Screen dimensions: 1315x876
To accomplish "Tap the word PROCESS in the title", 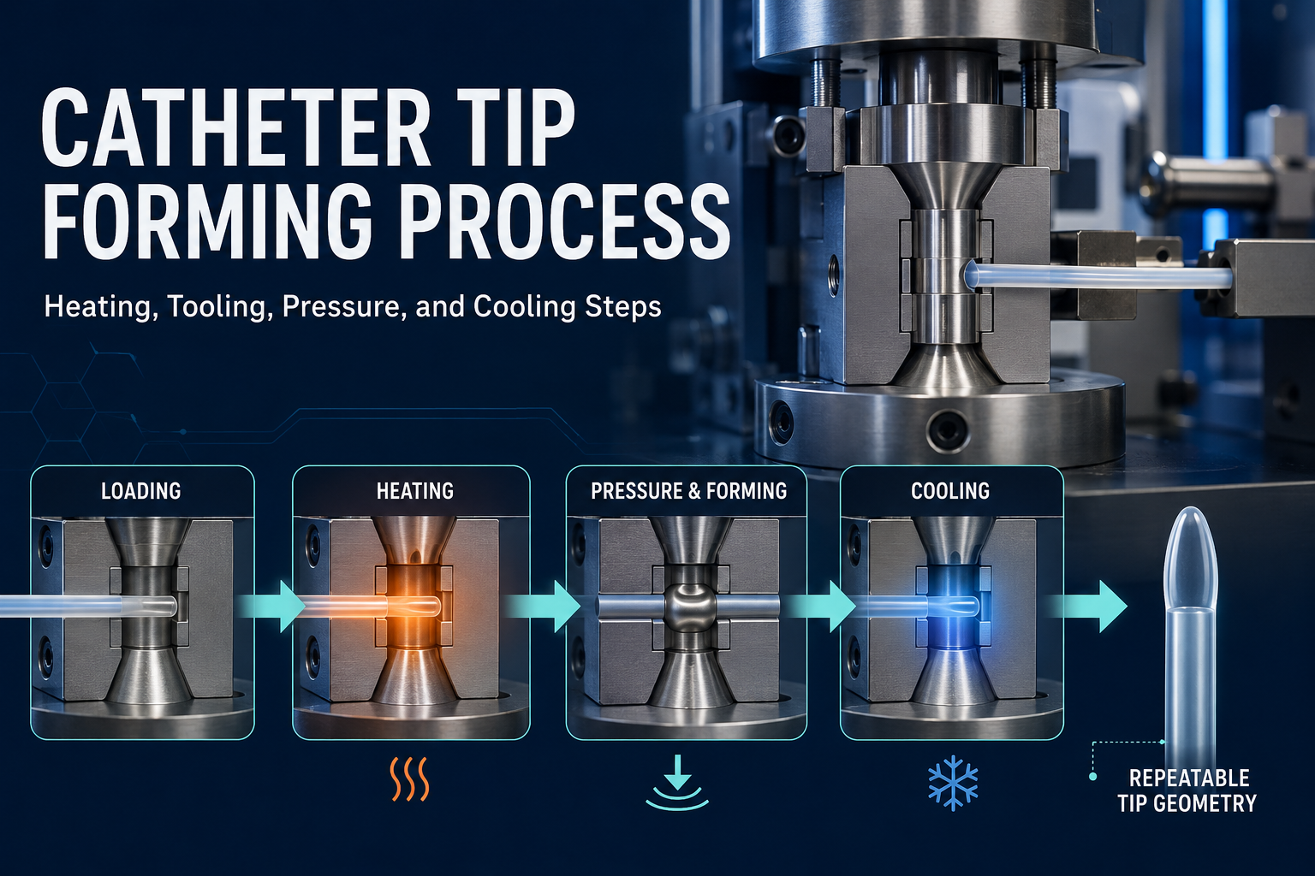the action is (x=568, y=221).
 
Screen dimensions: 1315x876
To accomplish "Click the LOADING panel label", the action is (x=141, y=491).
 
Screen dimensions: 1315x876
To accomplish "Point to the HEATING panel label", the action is (x=415, y=491).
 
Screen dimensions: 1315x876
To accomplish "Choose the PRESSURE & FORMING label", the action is (x=688, y=491).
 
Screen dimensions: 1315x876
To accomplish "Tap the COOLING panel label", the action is (x=950, y=491).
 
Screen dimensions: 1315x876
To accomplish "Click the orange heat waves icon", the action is (x=410, y=778).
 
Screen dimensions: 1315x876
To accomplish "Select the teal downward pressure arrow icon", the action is (x=677, y=784).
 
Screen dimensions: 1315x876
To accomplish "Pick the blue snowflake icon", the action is (x=954, y=783).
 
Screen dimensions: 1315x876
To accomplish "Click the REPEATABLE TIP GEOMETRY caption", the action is (x=1187, y=790).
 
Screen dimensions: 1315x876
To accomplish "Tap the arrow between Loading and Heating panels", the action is (x=272, y=607).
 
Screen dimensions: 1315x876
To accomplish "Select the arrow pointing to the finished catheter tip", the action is (x=1087, y=607).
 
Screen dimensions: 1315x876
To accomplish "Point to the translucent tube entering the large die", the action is (x=1097, y=275).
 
